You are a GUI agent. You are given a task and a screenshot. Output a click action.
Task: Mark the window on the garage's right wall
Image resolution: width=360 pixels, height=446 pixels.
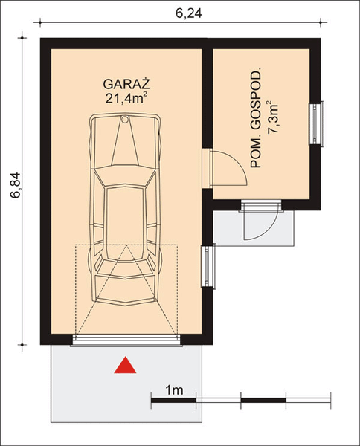point(209,266)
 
